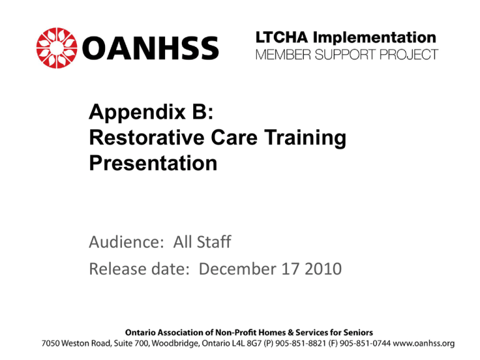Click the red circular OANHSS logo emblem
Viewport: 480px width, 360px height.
[x=57, y=47]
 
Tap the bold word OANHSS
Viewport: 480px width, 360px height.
[x=150, y=48]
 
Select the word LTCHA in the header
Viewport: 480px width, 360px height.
[x=282, y=37]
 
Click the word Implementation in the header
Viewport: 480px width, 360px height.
[x=374, y=37]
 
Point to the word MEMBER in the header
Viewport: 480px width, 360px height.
[x=283, y=55]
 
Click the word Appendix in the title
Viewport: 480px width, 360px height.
[x=137, y=112]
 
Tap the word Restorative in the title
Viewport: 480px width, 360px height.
[x=147, y=137]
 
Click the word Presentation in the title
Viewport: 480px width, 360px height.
[x=153, y=163]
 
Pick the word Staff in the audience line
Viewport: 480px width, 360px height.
[x=214, y=241]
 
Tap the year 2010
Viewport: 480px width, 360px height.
[x=323, y=269]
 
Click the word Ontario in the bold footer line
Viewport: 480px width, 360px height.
[x=138, y=332]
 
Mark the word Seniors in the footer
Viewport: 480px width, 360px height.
[x=358, y=332]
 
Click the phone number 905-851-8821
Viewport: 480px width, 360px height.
[x=301, y=344]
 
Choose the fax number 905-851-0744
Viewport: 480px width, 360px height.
[x=365, y=344]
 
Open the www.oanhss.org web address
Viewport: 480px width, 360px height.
[x=424, y=344]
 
